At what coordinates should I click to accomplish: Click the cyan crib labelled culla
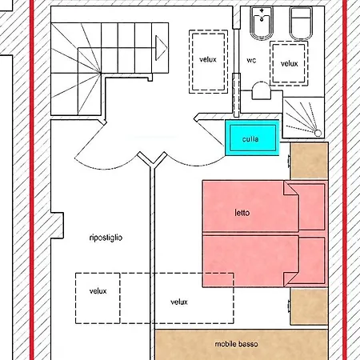coord(252,138)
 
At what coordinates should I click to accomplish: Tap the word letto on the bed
coord(242,213)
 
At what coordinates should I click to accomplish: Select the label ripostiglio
coord(106,238)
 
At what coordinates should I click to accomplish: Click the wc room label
coord(251,60)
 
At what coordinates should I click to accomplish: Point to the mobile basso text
coord(236,344)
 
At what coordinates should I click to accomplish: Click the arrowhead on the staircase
coord(162,48)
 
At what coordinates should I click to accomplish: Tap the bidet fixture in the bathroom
coord(262,23)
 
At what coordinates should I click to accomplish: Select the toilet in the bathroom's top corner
coord(301,23)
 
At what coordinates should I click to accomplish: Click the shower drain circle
coord(318,133)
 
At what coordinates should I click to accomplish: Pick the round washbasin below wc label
coord(262,90)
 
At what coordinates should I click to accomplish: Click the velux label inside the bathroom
coord(289,64)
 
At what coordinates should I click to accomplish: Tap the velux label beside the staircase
coord(208,59)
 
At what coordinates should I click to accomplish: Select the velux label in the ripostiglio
coord(98,291)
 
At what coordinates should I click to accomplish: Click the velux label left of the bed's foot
coord(179,302)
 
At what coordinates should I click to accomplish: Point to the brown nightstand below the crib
coord(309,161)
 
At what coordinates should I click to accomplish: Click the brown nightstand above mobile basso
coord(309,306)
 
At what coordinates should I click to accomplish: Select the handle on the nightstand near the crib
coord(289,161)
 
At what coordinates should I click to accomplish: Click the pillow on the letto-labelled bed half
coord(310,207)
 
